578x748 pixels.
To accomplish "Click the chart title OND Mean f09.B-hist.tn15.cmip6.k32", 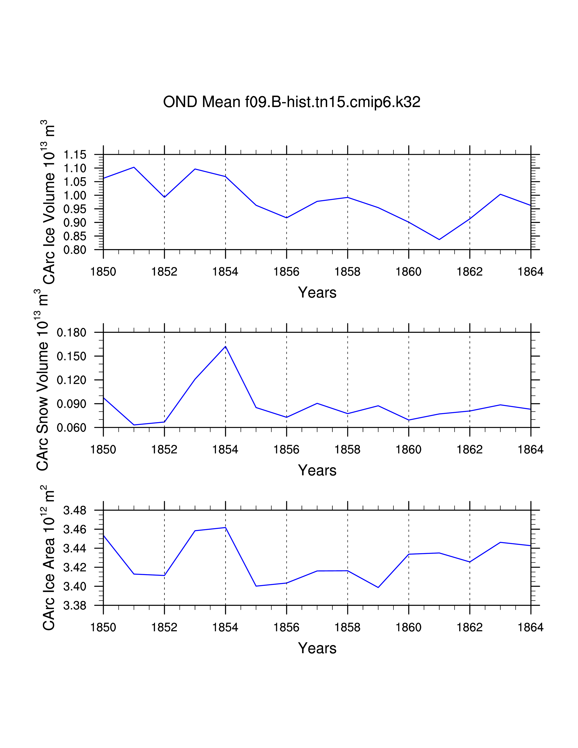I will pos(291,102).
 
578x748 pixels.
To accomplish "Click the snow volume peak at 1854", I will pos(225,347).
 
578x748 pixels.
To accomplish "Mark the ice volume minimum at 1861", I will pos(439,239).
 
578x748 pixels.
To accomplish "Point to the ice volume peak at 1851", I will pos(134,167).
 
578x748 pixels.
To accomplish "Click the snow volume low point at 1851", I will pos(134,425).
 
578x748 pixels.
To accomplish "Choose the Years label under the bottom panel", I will pos(317,648).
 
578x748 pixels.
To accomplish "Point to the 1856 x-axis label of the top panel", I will pos(286,272).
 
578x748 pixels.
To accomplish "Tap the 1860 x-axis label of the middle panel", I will pos(408,450).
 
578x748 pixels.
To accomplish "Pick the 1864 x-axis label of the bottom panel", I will pos(530,627).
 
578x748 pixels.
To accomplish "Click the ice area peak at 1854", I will pos(225,527).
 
